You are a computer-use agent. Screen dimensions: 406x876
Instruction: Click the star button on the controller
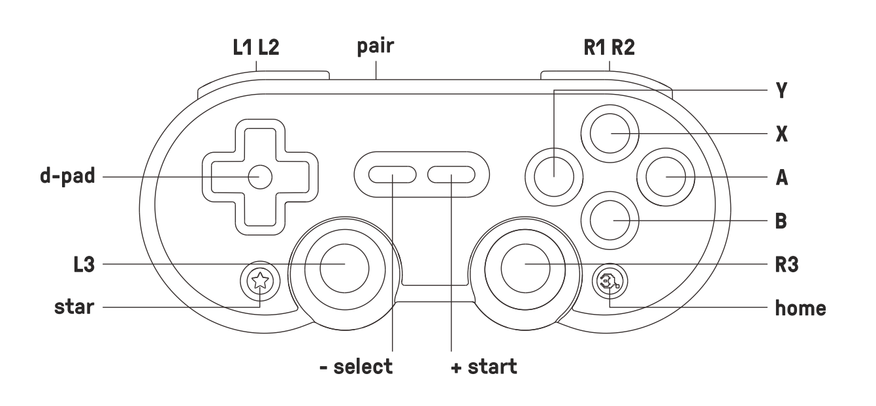260,282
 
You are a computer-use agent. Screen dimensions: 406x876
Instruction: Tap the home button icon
609,282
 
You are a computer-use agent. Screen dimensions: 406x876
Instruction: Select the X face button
610,134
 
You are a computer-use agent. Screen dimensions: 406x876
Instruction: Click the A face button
666,178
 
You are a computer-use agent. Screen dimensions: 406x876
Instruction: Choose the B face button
610,221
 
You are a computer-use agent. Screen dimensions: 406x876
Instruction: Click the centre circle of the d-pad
260,177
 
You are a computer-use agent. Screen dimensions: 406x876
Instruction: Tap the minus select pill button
392,176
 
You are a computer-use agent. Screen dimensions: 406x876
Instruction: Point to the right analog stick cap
525,264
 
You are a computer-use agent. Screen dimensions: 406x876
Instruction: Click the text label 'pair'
377,49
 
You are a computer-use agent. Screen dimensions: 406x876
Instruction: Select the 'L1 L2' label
257,48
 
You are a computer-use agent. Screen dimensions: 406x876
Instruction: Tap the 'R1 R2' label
609,48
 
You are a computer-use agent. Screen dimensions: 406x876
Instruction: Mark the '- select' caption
357,367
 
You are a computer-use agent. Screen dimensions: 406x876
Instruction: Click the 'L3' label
84,264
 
